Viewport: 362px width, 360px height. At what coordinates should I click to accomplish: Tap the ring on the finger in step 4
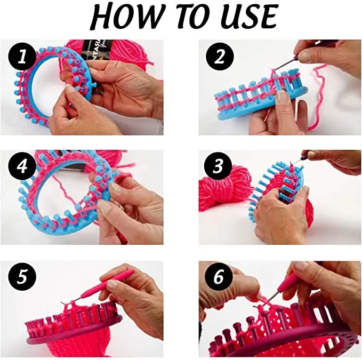(x=122, y=205)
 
